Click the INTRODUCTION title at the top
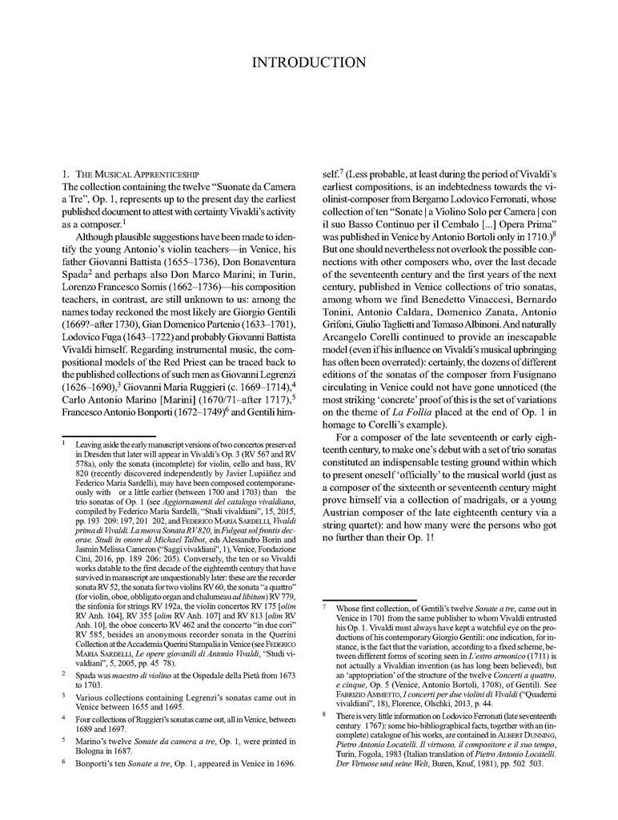pyautogui.click(x=308, y=62)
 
